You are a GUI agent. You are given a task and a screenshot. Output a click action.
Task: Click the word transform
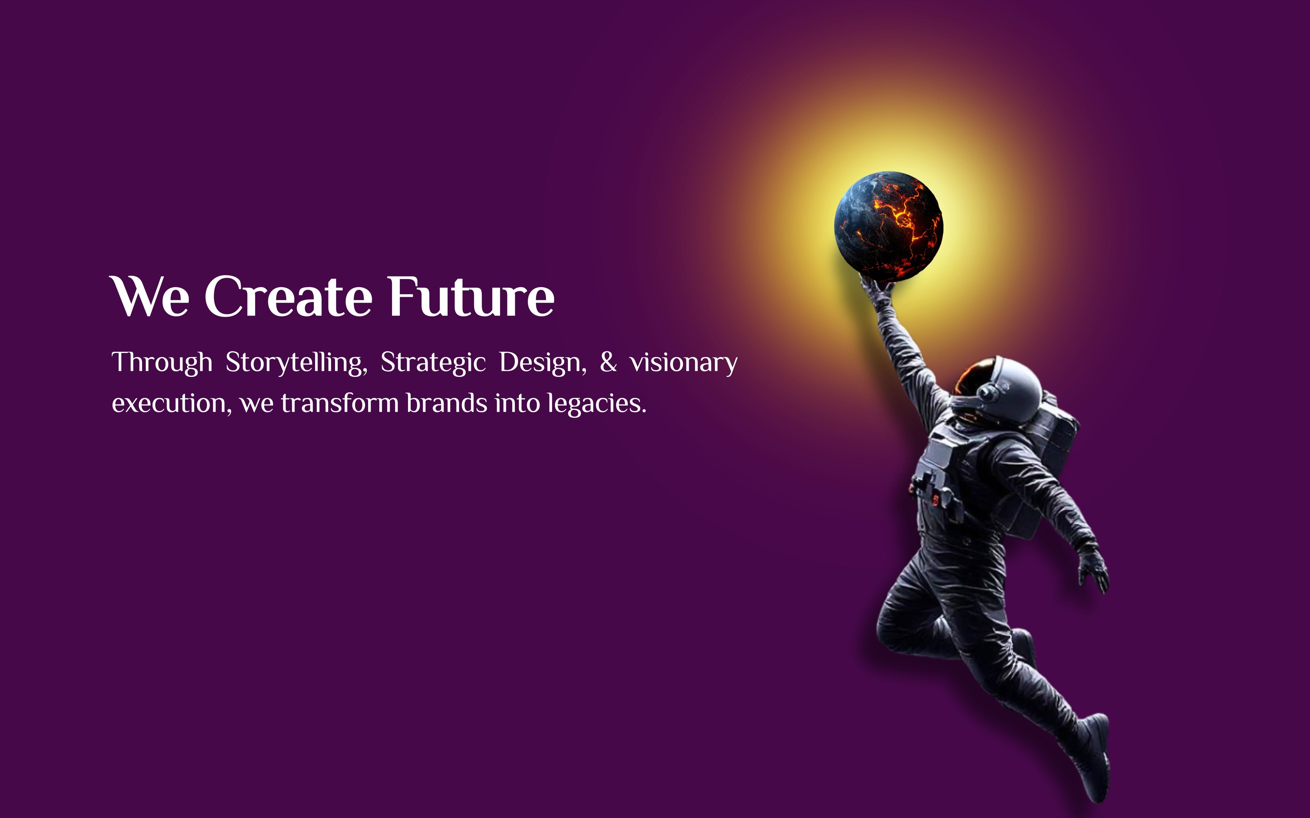(x=340, y=403)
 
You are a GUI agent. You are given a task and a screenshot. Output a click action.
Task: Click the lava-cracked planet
(x=888, y=226)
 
